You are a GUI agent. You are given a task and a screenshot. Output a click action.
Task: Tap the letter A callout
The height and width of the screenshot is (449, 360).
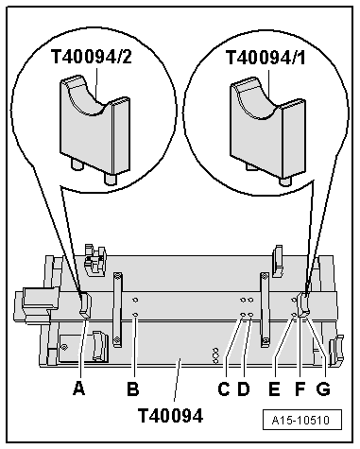tap(79, 387)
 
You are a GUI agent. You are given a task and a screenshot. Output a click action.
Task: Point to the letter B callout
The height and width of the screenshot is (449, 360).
tap(134, 387)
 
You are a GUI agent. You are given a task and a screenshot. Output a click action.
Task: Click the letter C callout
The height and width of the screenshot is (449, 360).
tap(224, 387)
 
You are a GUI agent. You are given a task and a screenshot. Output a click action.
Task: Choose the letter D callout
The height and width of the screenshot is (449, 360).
tap(244, 387)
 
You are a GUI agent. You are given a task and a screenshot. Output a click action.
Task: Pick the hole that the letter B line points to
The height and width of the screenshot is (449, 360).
tap(136, 315)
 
